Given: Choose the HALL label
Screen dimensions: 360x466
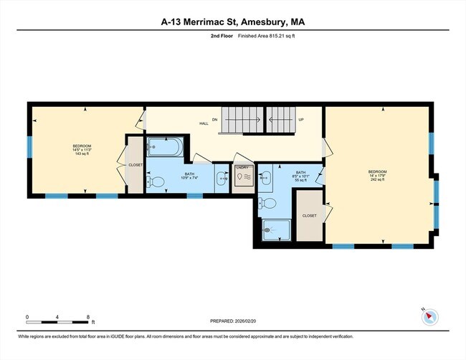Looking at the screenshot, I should (204, 123).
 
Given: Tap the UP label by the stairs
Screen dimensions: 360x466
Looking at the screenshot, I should (302, 120).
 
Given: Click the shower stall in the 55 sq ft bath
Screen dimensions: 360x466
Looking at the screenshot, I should (276, 229).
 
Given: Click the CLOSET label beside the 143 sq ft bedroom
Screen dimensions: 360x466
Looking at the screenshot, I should (135, 165).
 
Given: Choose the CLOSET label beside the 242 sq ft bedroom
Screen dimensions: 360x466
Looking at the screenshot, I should (309, 215).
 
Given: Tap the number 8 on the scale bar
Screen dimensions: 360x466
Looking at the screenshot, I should (87, 317).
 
